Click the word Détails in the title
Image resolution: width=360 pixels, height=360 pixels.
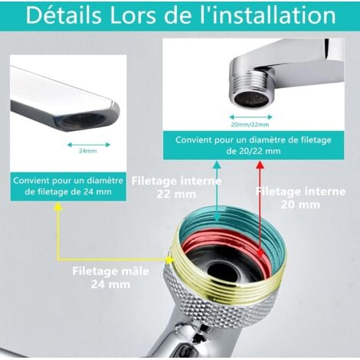pyautogui.click(x=64, y=15)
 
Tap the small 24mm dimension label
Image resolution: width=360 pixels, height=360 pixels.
pyautogui.click(x=88, y=151)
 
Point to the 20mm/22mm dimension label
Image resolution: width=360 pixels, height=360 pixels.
pyautogui.click(x=250, y=125)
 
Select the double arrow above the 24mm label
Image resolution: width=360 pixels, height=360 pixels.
pyautogui.click(x=89, y=145)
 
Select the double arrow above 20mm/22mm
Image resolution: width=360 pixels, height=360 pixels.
pyautogui.click(x=251, y=117)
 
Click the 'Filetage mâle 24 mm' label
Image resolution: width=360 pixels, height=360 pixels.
pyautogui.click(x=110, y=277)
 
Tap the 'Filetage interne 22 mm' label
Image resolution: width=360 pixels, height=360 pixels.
pyautogui.click(x=176, y=188)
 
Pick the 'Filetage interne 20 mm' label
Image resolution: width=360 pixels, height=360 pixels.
pyautogui.click(x=300, y=198)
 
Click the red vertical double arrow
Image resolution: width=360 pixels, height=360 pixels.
pyautogui.click(x=260, y=209)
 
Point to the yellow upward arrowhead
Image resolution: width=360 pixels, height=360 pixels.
pyautogui.click(x=58, y=207)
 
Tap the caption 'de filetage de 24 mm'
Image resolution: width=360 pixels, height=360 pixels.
pyautogui.click(x=68, y=191)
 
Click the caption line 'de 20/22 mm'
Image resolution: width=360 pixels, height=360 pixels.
pyautogui.click(x=254, y=151)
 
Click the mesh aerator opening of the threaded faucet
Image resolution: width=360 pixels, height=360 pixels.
pyautogui.click(x=251, y=99)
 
